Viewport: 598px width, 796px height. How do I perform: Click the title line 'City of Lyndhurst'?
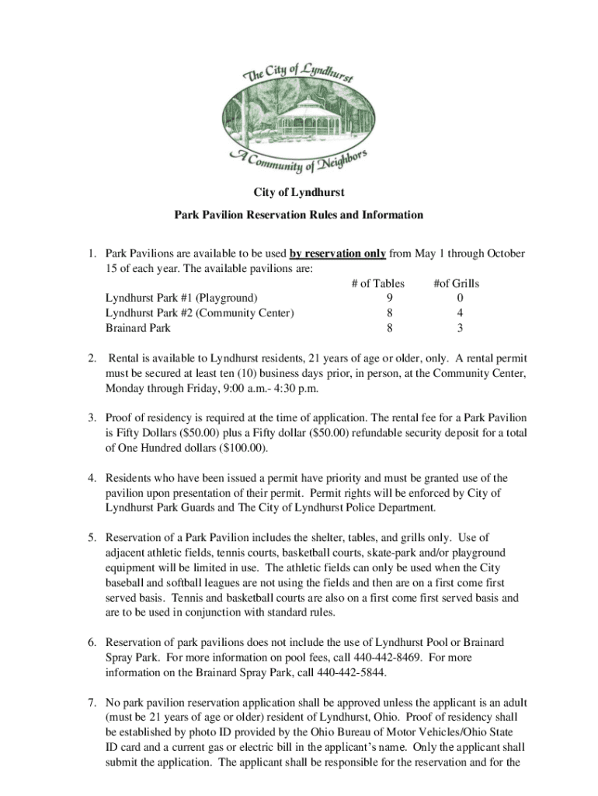(299, 191)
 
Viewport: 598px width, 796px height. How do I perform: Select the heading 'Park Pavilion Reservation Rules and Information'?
(299, 215)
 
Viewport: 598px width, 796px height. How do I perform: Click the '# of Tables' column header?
(377, 283)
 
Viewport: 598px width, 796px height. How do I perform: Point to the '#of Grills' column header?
(457, 283)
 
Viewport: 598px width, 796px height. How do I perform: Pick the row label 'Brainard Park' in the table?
(138, 328)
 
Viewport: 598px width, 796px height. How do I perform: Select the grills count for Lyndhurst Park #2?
(461, 313)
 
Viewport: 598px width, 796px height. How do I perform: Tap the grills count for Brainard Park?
(461, 328)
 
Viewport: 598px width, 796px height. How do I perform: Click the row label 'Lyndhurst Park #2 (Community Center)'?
(200, 313)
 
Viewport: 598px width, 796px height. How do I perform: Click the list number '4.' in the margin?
(91, 478)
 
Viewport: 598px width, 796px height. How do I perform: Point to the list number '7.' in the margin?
(91, 702)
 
